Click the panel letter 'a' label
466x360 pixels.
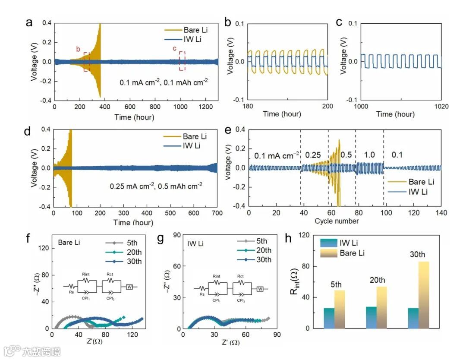(x=29, y=23)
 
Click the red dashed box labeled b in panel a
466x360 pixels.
(x=86, y=62)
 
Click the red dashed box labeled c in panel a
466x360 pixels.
(x=182, y=61)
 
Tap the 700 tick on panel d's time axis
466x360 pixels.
(x=217, y=213)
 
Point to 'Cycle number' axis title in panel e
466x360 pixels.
(x=337, y=221)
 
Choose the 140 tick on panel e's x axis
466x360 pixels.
(x=441, y=213)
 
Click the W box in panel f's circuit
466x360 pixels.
(x=129, y=286)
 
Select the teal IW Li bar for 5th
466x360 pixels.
(x=329, y=318)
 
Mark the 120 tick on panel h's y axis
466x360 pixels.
(x=307, y=235)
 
